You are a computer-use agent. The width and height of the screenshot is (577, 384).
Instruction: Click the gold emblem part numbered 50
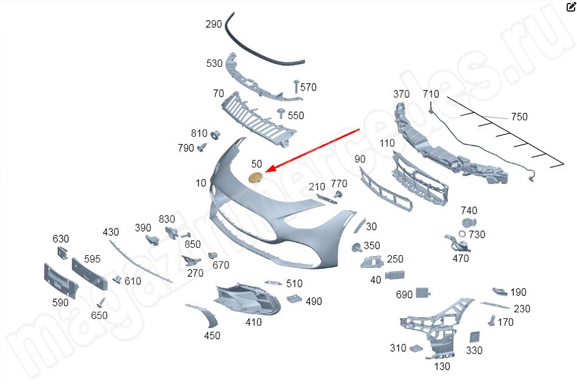[x=256, y=177]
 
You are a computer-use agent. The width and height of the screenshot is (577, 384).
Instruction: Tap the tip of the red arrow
[x=265, y=171]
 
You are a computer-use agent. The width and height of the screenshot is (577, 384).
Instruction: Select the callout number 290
[x=214, y=24]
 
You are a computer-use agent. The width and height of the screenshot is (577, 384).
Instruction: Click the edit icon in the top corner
[x=571, y=7]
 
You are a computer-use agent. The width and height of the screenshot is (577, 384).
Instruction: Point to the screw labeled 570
[x=296, y=86]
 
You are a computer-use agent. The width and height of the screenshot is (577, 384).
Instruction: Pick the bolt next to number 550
[x=282, y=113]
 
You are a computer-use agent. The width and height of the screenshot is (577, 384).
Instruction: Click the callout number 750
[x=519, y=117]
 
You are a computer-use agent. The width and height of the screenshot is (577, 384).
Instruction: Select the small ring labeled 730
[x=462, y=234]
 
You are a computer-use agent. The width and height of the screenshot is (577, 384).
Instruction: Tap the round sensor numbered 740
[x=469, y=222]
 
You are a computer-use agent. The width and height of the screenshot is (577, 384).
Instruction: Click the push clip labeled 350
[x=356, y=247]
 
